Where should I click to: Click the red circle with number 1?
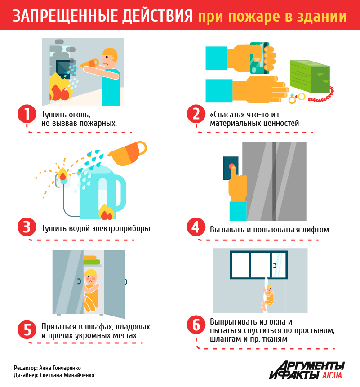coord(27,114)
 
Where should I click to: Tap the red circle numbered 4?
coord(196,227)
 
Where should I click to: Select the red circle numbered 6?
coord(196,325)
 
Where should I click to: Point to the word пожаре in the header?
coord(253,17)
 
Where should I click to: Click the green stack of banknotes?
coord(310,76)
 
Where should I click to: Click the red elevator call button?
coord(232,166)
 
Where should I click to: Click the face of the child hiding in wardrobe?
coord(90,278)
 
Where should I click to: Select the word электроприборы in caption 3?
coord(121,228)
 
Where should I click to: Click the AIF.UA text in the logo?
coord(332,375)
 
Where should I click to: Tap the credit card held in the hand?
coord(259,58)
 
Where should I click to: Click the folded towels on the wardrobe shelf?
coord(92,260)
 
